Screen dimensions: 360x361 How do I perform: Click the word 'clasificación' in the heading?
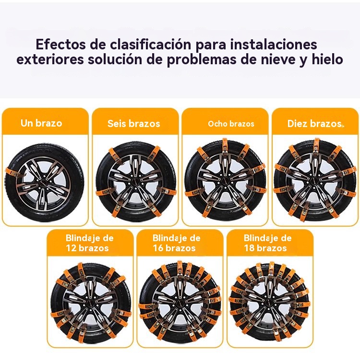tap(151, 45)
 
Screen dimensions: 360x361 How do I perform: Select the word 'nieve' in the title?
tap(278, 59)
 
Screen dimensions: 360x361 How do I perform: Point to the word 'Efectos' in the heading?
tap(61, 44)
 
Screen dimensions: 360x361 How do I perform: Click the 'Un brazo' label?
tap(41, 123)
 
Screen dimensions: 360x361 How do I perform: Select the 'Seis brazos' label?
tap(133, 124)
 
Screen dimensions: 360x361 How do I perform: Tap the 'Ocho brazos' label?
tap(231, 124)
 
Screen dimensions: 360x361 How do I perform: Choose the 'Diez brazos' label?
tap(314, 124)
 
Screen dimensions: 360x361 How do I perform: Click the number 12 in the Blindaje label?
tap(71, 248)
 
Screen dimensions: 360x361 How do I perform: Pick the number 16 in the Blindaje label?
tap(158, 248)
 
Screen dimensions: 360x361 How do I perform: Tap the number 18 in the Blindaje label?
tap(249, 248)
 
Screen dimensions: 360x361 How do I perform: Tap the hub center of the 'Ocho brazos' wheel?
tap(226, 180)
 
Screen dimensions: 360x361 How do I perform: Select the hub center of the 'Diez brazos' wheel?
tap(315, 180)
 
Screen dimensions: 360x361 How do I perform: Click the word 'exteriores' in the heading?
tap(50, 59)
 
